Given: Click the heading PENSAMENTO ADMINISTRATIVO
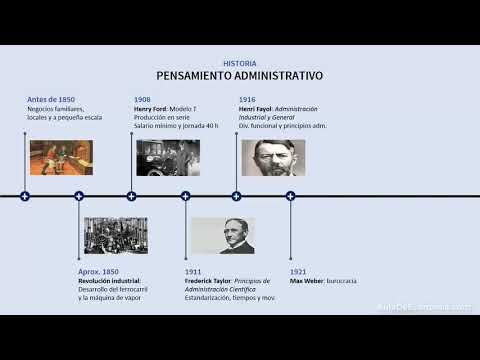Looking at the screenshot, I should click(x=239, y=76).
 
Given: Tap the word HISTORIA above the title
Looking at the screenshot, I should click(x=240, y=63).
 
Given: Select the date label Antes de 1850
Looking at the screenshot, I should click(x=51, y=99).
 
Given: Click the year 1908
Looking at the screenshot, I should click(x=142, y=99).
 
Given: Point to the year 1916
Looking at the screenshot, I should click(x=246, y=99).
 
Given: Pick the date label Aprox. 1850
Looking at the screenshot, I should click(x=98, y=272).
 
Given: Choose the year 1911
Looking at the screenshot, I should click(x=193, y=272).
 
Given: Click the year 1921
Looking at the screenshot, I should click(x=298, y=272).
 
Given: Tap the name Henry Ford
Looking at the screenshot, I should click(x=151, y=108).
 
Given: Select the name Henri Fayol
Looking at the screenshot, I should click(x=255, y=108).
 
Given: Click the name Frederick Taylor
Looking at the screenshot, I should click(x=207, y=281).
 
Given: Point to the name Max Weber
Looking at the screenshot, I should click(x=306, y=281).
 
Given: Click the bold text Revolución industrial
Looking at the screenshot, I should click(x=109, y=281).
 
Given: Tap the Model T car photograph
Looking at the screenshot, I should click(x=167, y=157).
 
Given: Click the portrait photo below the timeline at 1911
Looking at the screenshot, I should click(x=221, y=235).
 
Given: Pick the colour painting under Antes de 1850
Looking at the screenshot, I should click(x=61, y=157).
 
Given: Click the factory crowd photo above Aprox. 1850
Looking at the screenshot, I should click(x=115, y=235).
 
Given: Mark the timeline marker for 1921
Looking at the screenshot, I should click(x=290, y=196).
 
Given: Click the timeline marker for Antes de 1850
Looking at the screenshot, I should click(x=25, y=196).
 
